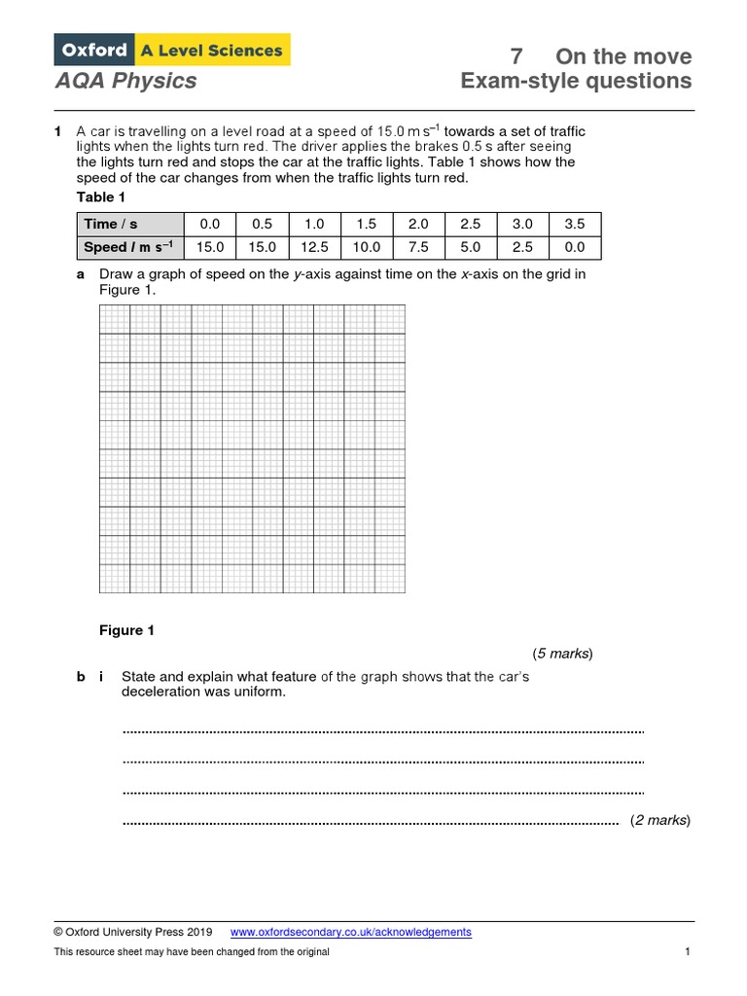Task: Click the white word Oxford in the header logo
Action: (95, 50)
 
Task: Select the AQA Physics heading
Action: (125, 81)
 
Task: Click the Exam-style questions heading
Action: (576, 81)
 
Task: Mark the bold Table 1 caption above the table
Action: (101, 197)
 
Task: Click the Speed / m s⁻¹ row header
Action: (128, 247)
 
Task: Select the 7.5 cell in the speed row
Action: (418, 247)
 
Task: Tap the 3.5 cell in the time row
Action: (575, 224)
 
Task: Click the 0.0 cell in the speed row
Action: (575, 247)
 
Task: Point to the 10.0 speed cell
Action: (367, 247)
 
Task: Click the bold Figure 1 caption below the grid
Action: (126, 630)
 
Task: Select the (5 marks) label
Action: (562, 654)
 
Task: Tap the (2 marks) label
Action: (659, 820)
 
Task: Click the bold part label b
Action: (82, 676)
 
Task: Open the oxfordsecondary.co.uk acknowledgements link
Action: (350, 932)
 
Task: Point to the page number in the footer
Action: (687, 951)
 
